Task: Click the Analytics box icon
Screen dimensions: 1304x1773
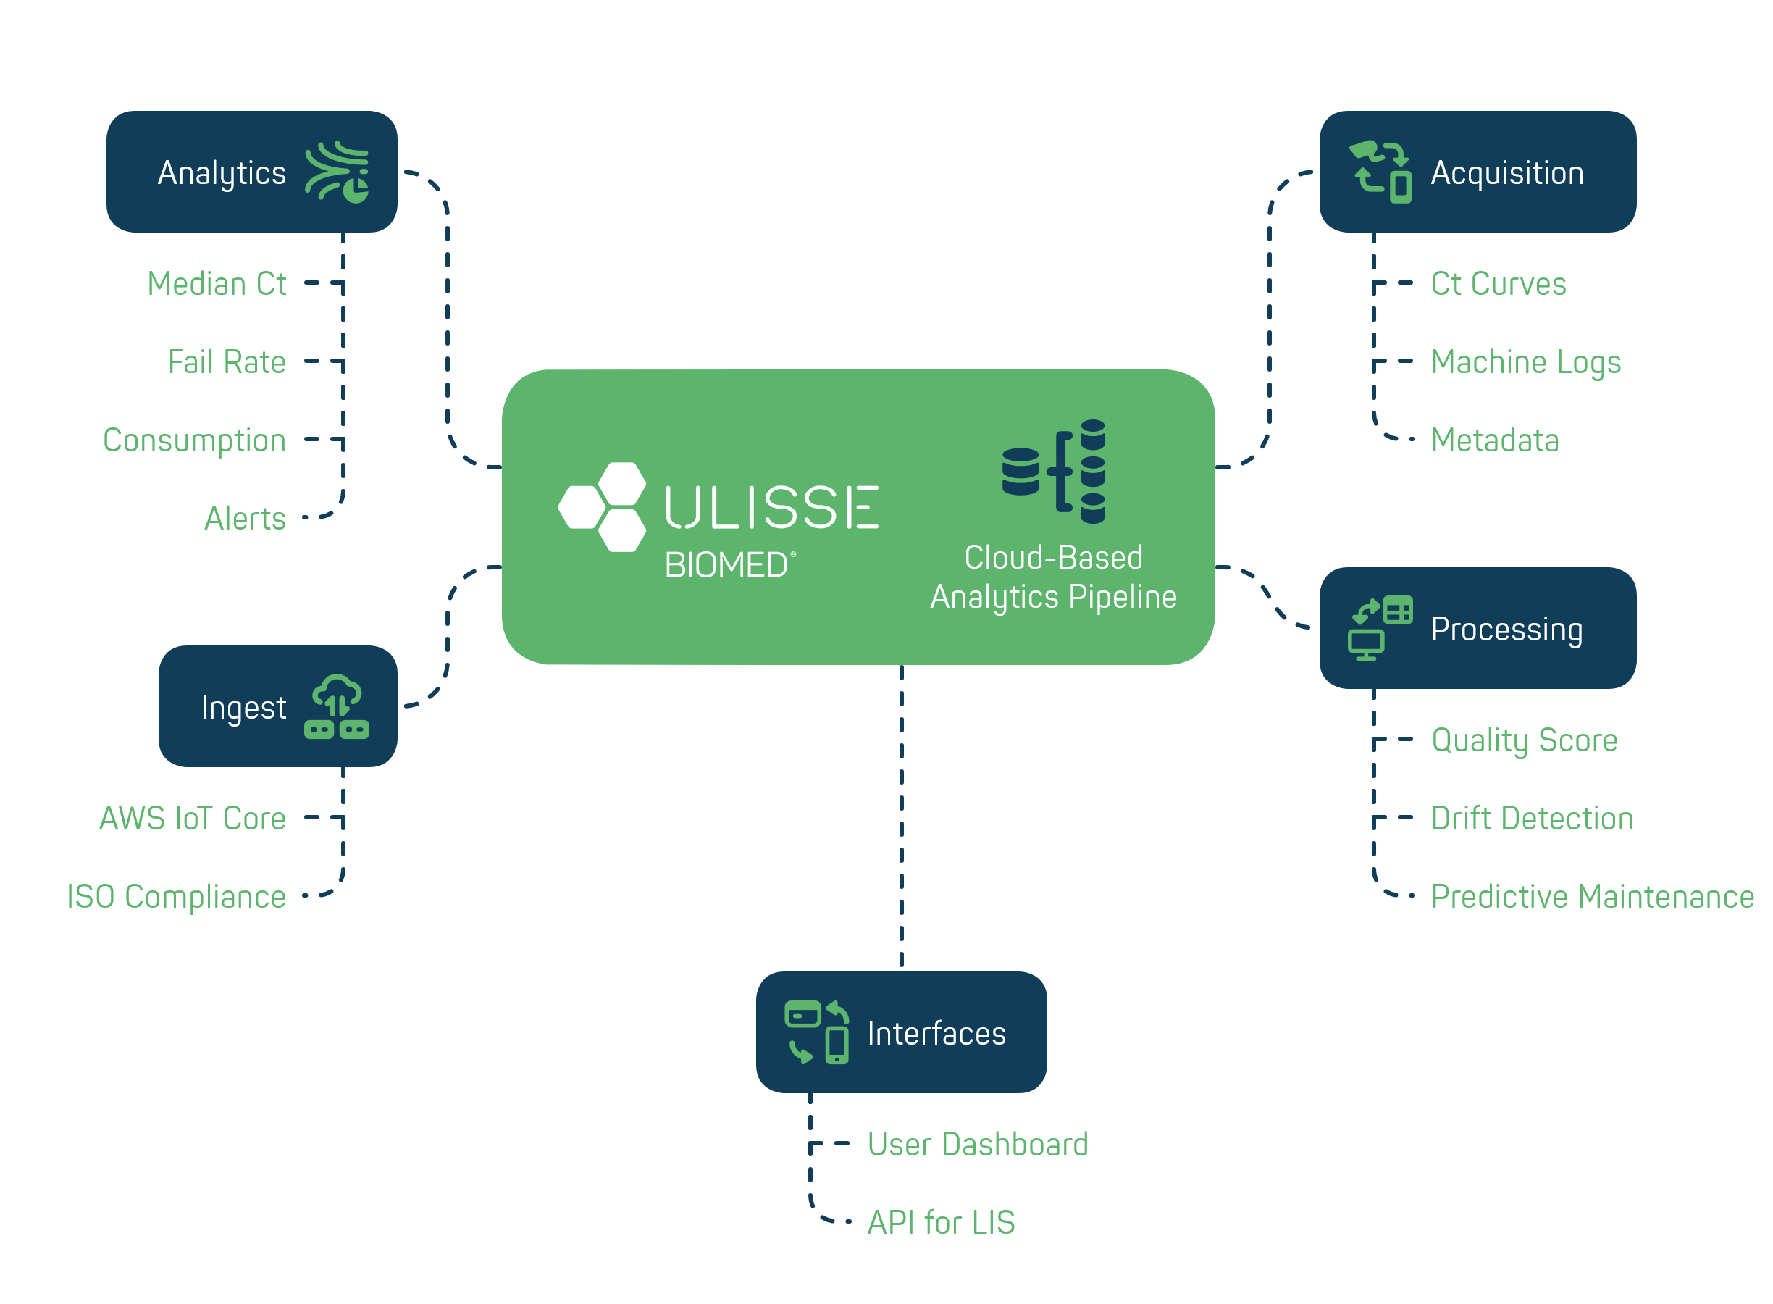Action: [x=337, y=172]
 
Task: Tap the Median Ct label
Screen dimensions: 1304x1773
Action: [x=217, y=283]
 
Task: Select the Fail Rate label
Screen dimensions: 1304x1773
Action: [x=227, y=361]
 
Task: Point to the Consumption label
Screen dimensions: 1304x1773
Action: [x=194, y=440]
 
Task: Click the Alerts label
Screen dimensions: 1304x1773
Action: [x=245, y=519]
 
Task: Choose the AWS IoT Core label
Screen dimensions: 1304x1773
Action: [x=193, y=819]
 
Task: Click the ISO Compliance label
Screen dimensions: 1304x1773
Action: [x=176, y=897]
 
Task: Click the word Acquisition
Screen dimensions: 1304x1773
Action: [x=1507, y=173]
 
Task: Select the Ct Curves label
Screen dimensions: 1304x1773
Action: [x=1499, y=283]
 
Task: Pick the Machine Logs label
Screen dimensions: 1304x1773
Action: [x=1526, y=361]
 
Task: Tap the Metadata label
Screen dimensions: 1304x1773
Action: [x=1494, y=440]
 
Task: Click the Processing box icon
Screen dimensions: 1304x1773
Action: [x=1380, y=628]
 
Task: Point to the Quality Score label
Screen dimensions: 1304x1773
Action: [x=1525, y=740]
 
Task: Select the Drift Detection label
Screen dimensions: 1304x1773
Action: [x=1532, y=819]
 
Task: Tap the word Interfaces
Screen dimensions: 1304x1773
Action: [x=936, y=1033]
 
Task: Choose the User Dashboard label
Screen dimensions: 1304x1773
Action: [x=978, y=1144]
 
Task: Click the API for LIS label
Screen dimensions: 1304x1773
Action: [x=941, y=1223]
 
